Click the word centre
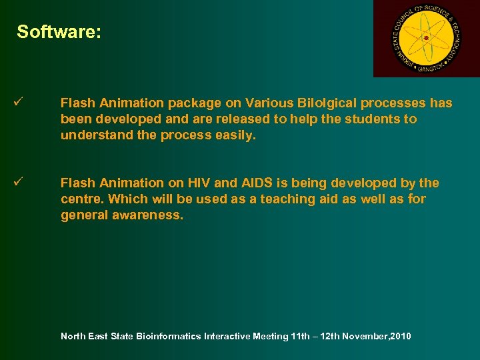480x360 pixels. (81, 199)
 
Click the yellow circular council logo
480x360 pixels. (426, 38)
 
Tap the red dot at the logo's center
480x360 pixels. (426, 38)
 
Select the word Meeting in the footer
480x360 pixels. (271, 336)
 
